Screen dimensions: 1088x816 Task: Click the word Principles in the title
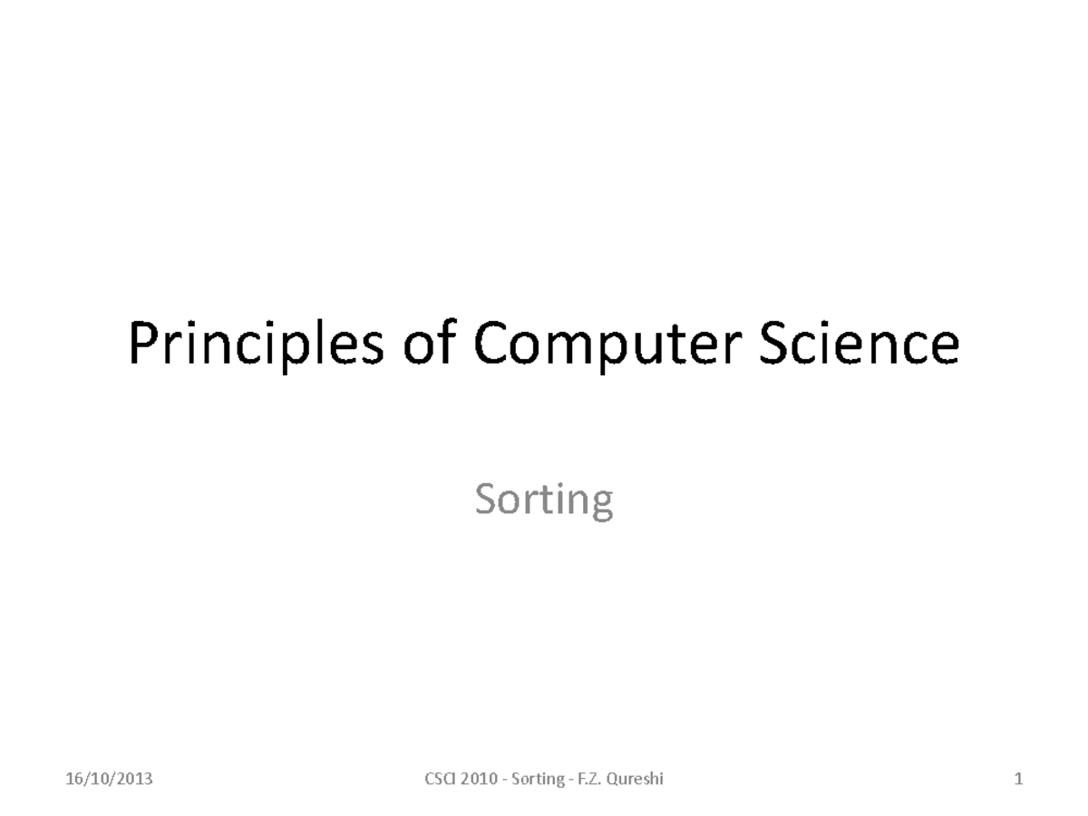[257, 345]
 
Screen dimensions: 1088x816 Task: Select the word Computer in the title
[607, 345]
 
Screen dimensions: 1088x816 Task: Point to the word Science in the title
[860, 342]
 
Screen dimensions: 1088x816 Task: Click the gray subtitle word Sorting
[544, 500]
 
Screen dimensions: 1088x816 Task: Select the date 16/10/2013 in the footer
[109, 779]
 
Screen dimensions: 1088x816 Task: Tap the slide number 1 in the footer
[1018, 779]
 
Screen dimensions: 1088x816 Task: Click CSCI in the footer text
[440, 779]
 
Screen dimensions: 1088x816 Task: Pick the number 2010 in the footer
[479, 779]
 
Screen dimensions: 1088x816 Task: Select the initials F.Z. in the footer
[589, 779]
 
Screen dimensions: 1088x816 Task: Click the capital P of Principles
[144, 342]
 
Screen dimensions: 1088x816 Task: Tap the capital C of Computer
[491, 342]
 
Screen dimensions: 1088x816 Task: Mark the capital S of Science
[773, 342]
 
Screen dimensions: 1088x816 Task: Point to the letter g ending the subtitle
[601, 505]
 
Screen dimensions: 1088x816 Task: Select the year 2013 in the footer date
[134, 779]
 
